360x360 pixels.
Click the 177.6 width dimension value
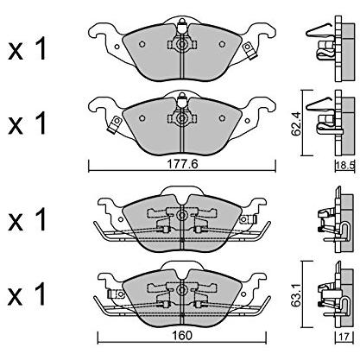183,164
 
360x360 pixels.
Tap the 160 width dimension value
181,335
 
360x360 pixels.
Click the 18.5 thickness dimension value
345,166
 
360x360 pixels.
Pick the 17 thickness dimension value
344,336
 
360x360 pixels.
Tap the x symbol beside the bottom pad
16,297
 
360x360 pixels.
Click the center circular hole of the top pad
182,44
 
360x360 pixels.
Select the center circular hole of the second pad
182,118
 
